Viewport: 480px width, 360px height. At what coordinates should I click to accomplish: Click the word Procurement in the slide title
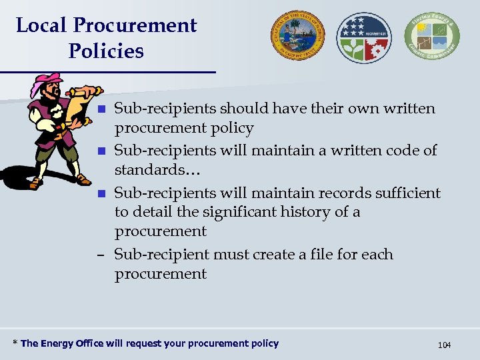[135, 25]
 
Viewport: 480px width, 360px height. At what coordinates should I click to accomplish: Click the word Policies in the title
[106, 51]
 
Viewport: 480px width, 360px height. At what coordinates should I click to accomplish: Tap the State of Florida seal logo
[297, 35]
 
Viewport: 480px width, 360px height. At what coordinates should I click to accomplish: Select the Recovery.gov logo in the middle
[364, 37]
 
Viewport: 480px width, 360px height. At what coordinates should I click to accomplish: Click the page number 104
[444, 345]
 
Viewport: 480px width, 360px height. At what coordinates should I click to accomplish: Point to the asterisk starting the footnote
[15, 343]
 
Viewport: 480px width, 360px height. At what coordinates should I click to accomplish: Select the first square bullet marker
[101, 109]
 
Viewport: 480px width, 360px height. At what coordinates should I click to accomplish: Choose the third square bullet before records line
[101, 193]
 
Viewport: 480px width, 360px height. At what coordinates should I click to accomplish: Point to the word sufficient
[407, 193]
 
